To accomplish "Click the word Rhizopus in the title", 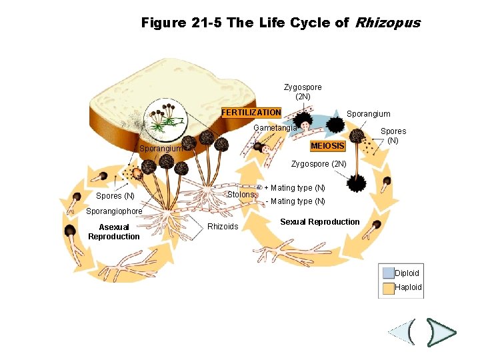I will (387, 23).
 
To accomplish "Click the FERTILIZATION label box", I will (251, 113).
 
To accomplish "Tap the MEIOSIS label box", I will (328, 146).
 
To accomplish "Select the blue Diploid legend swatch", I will (388, 273).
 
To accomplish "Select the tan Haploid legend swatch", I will (388, 288).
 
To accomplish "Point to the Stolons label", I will (240, 195).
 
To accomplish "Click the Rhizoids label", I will (223, 227).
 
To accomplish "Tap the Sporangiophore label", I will (115, 212).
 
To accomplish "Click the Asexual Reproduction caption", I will (114, 232).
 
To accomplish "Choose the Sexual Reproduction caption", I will (319, 222).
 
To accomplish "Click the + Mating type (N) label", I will (295, 188).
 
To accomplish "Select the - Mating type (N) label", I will (295, 201).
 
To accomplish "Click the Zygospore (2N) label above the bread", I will (303, 92).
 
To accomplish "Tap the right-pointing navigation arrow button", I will (441, 332).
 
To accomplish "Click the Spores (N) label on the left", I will (115, 196).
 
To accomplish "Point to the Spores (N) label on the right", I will (393, 136).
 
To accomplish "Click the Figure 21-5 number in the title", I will (182, 23).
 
